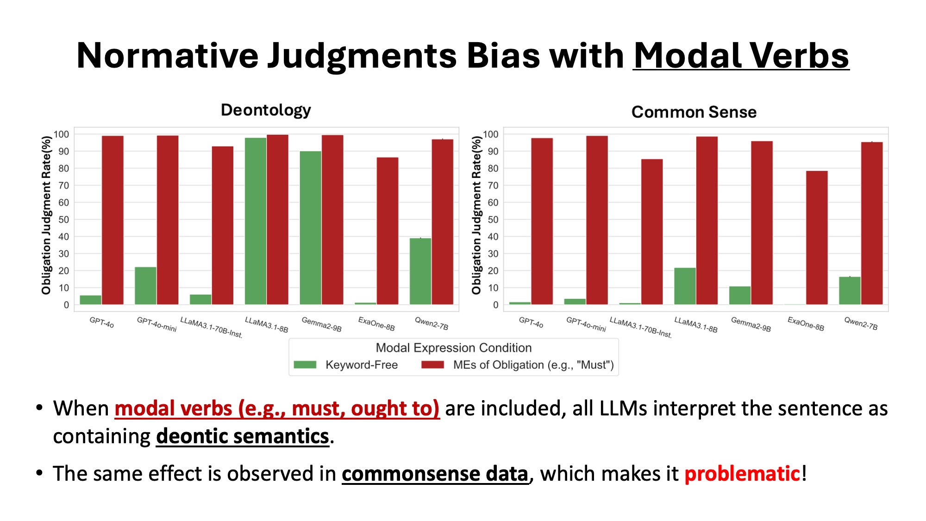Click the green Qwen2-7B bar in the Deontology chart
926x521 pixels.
420,271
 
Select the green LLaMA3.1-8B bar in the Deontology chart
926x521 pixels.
256,221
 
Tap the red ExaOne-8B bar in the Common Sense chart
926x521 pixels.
817,238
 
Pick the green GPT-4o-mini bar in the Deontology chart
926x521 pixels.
145,286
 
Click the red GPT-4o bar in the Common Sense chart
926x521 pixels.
542,221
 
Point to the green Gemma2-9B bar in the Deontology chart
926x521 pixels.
310,228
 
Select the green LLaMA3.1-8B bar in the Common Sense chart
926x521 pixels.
685,286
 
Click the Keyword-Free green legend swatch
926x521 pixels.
305,365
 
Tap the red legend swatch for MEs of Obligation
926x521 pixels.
432,365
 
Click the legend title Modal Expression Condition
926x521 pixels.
453,348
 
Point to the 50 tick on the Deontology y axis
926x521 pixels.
63,220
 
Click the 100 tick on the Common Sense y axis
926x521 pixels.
491,134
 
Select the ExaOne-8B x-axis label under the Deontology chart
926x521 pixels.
376,324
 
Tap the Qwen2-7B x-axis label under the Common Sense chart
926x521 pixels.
861,323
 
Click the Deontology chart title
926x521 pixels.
266,110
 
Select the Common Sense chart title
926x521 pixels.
694,112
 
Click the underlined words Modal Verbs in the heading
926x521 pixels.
741,56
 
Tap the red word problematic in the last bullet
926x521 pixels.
742,474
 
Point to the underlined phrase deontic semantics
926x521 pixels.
242,436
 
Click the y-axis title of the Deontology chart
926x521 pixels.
46,215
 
